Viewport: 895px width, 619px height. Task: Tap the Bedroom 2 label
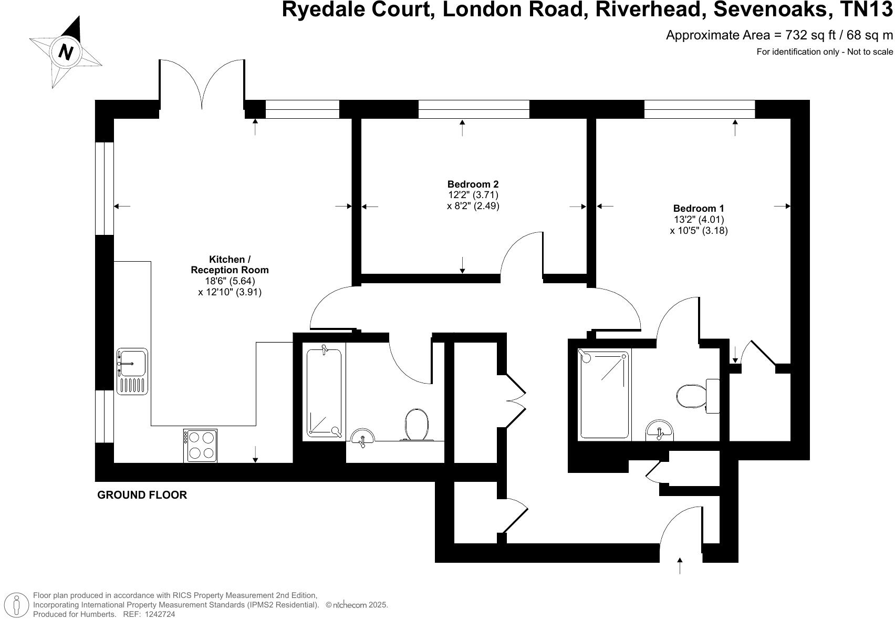(x=473, y=184)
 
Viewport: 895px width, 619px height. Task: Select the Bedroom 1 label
(x=698, y=209)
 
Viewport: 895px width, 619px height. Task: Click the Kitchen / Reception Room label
(x=230, y=264)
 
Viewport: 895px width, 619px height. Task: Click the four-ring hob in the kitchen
(x=200, y=445)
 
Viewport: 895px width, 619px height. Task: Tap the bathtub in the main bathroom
(x=324, y=392)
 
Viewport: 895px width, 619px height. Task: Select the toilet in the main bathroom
(x=417, y=424)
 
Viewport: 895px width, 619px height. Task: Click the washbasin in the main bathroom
(x=362, y=437)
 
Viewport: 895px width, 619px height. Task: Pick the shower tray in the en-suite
(x=603, y=394)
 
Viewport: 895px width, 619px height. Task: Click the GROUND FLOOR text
(x=142, y=495)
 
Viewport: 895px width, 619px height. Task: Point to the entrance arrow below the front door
(x=680, y=566)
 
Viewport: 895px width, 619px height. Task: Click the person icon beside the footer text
(x=17, y=604)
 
